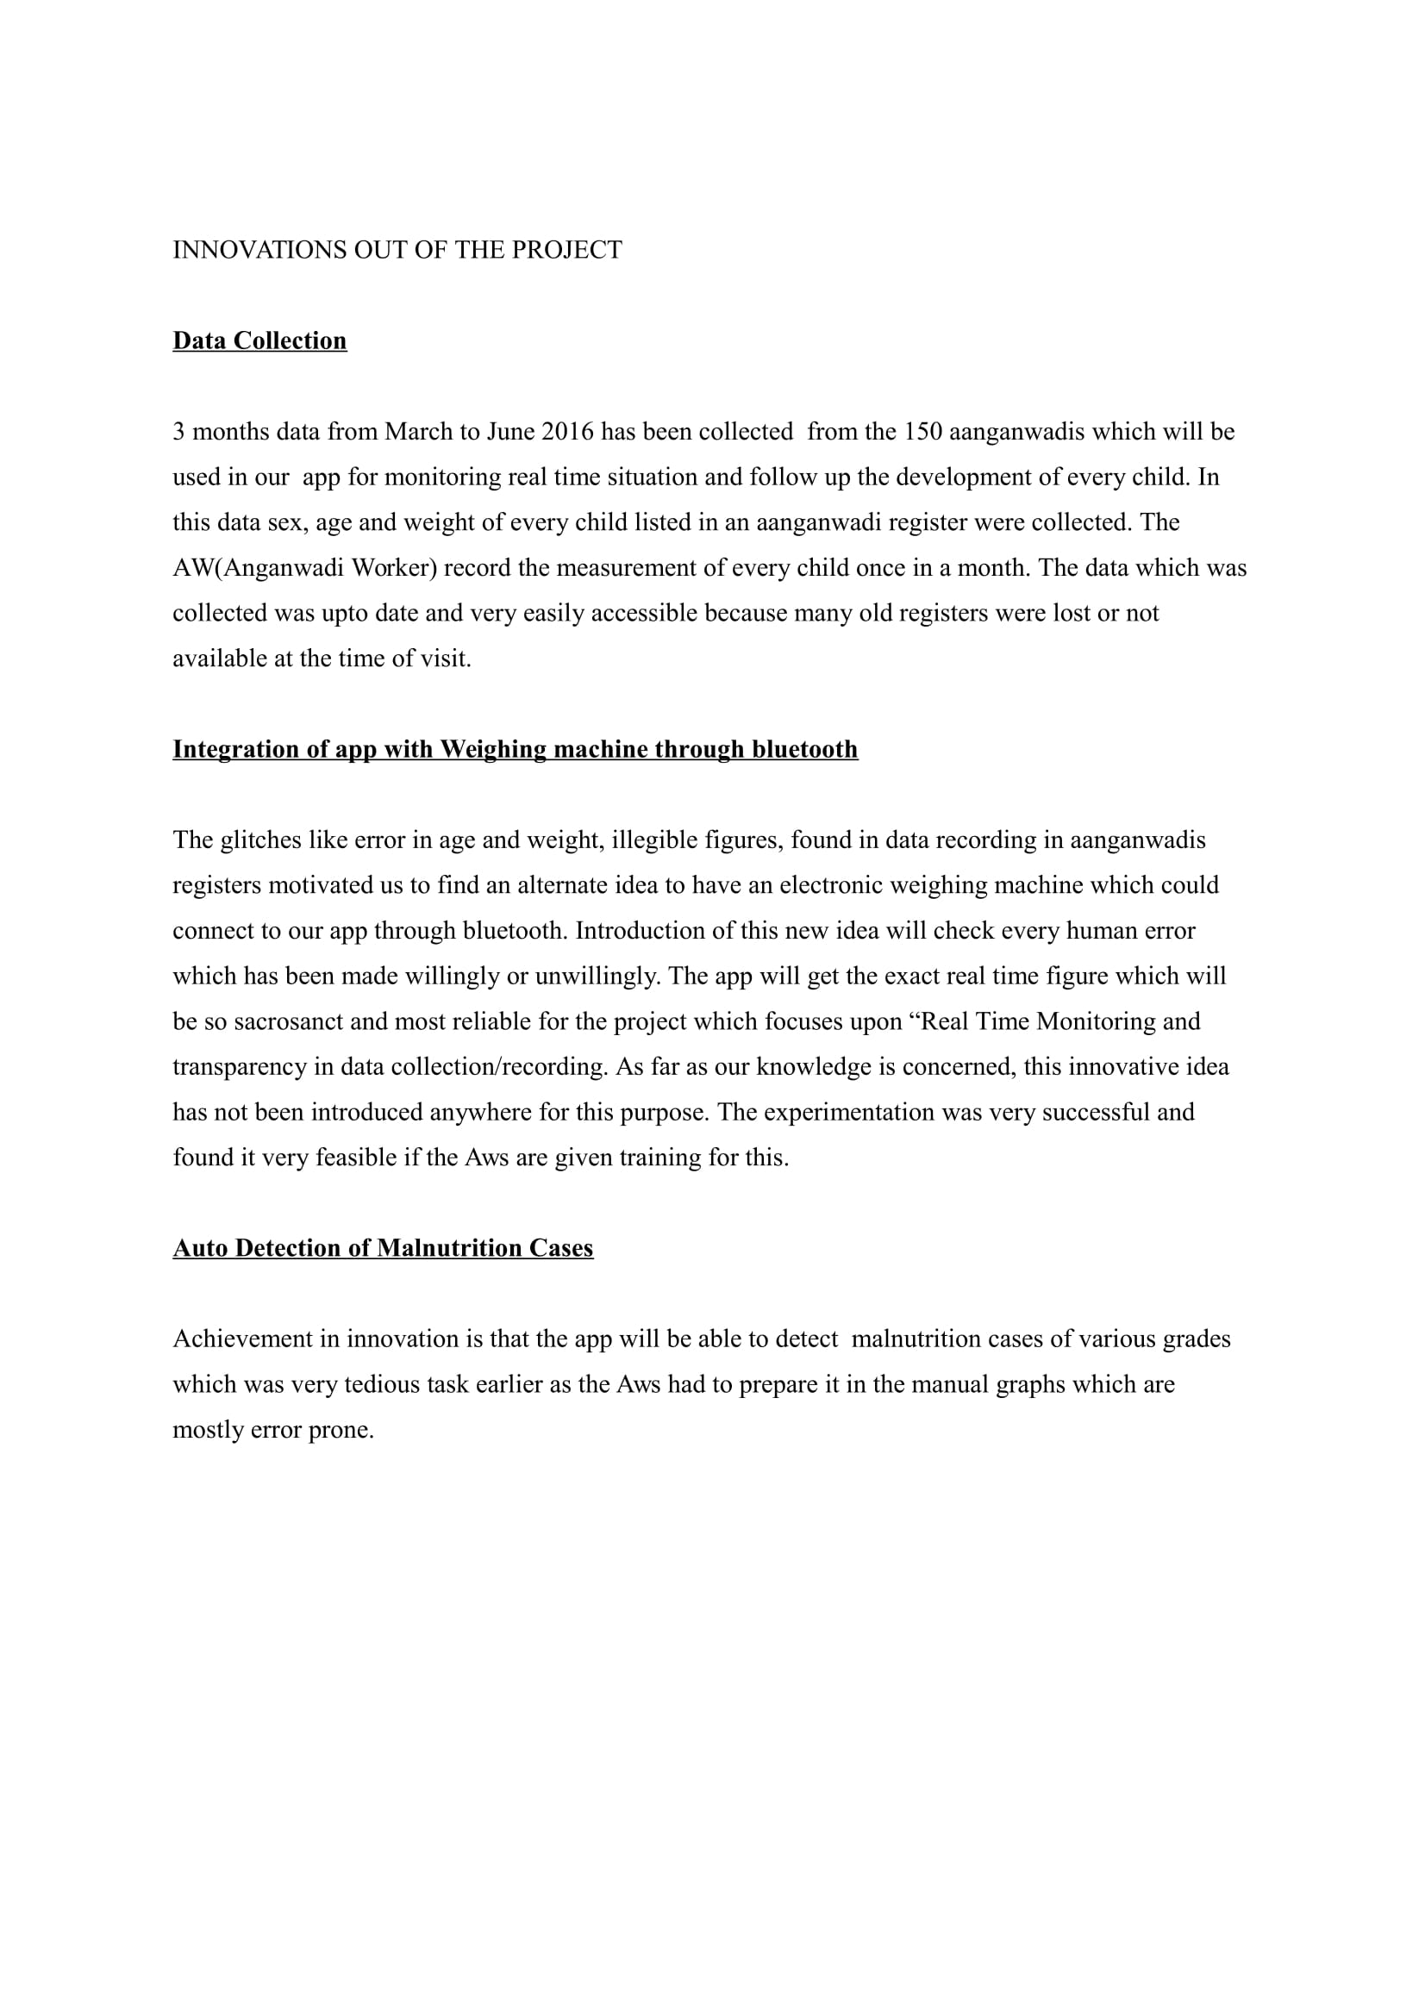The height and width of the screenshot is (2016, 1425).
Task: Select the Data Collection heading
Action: click(x=259, y=340)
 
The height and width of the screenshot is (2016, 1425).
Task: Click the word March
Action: click(x=418, y=432)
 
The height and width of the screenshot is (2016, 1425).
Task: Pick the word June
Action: click(x=510, y=432)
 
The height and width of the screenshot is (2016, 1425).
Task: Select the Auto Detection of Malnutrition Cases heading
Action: click(x=383, y=1248)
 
